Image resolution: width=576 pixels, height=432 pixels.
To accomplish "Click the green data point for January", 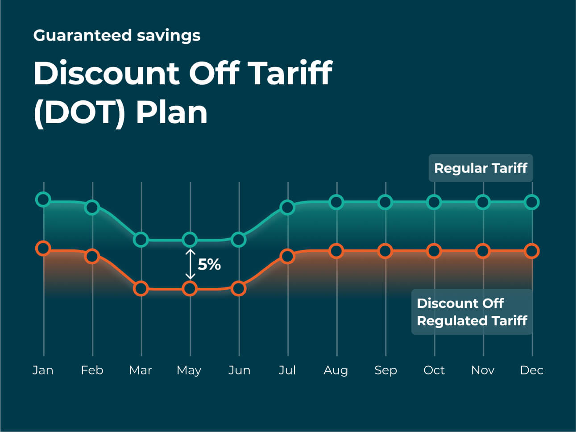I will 43,199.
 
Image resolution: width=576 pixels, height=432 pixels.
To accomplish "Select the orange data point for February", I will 92,256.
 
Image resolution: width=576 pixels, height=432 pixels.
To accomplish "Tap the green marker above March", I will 141,240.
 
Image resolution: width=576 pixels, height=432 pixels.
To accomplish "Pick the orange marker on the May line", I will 190,289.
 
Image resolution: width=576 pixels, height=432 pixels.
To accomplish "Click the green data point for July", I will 287,207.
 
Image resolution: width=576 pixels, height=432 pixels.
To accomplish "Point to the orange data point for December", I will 532,251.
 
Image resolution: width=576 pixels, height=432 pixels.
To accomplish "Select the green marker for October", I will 434,202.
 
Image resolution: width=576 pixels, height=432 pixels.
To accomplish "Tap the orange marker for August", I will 336,251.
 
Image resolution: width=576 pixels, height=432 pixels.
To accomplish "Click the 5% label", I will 209,265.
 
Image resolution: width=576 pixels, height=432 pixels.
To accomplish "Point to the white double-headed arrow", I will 191,264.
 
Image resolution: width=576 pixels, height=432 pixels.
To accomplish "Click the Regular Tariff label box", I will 481,168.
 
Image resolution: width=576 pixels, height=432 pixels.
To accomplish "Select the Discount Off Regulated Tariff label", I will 472,312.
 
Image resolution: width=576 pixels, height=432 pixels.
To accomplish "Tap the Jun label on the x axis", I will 239,370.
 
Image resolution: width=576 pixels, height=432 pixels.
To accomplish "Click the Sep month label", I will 385,370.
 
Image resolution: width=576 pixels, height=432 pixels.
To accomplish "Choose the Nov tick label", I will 483,370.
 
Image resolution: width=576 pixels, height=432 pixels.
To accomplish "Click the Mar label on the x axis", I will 141,370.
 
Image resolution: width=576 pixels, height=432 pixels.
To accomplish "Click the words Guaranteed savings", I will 117,36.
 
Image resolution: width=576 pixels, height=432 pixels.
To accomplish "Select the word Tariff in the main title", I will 290,73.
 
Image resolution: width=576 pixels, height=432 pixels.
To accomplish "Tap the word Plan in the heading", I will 172,112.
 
